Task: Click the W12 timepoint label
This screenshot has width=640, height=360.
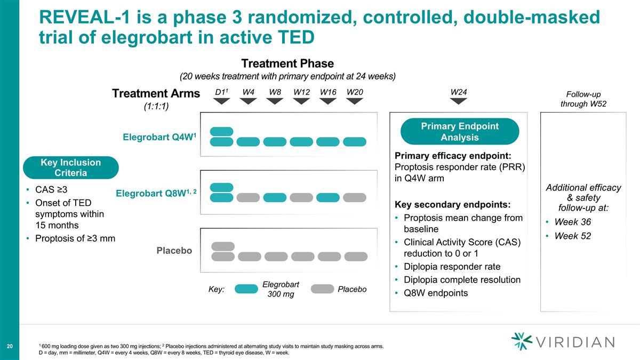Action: point(301,92)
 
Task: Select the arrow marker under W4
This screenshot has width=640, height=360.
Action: point(248,101)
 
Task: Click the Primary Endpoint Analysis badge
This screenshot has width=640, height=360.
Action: point(459,132)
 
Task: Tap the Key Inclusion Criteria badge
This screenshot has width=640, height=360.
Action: point(70,167)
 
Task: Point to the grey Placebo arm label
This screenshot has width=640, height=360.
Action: point(174,250)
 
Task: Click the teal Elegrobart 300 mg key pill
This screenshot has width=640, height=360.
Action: point(246,289)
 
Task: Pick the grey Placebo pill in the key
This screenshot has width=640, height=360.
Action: point(322,289)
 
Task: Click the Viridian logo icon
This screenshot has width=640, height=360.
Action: point(521,342)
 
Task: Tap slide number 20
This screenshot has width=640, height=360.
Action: point(10,347)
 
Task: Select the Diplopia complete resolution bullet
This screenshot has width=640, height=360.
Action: point(462,279)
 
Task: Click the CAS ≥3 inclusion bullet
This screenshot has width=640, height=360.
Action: point(51,189)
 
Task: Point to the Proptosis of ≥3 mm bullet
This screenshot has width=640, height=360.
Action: point(75,238)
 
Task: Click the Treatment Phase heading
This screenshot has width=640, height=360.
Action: point(287,63)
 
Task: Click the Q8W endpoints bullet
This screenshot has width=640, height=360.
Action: point(436,293)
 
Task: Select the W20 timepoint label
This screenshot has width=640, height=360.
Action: point(355,92)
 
